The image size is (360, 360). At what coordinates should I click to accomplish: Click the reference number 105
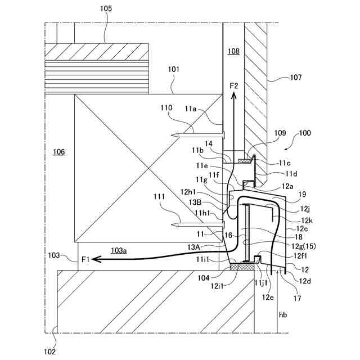point(105,8)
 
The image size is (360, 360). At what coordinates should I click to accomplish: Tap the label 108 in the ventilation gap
point(233,52)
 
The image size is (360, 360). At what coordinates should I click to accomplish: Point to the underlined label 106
point(58,152)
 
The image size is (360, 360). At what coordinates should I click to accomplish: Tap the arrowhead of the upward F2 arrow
point(235,97)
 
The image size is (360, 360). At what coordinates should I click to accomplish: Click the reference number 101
point(174,70)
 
